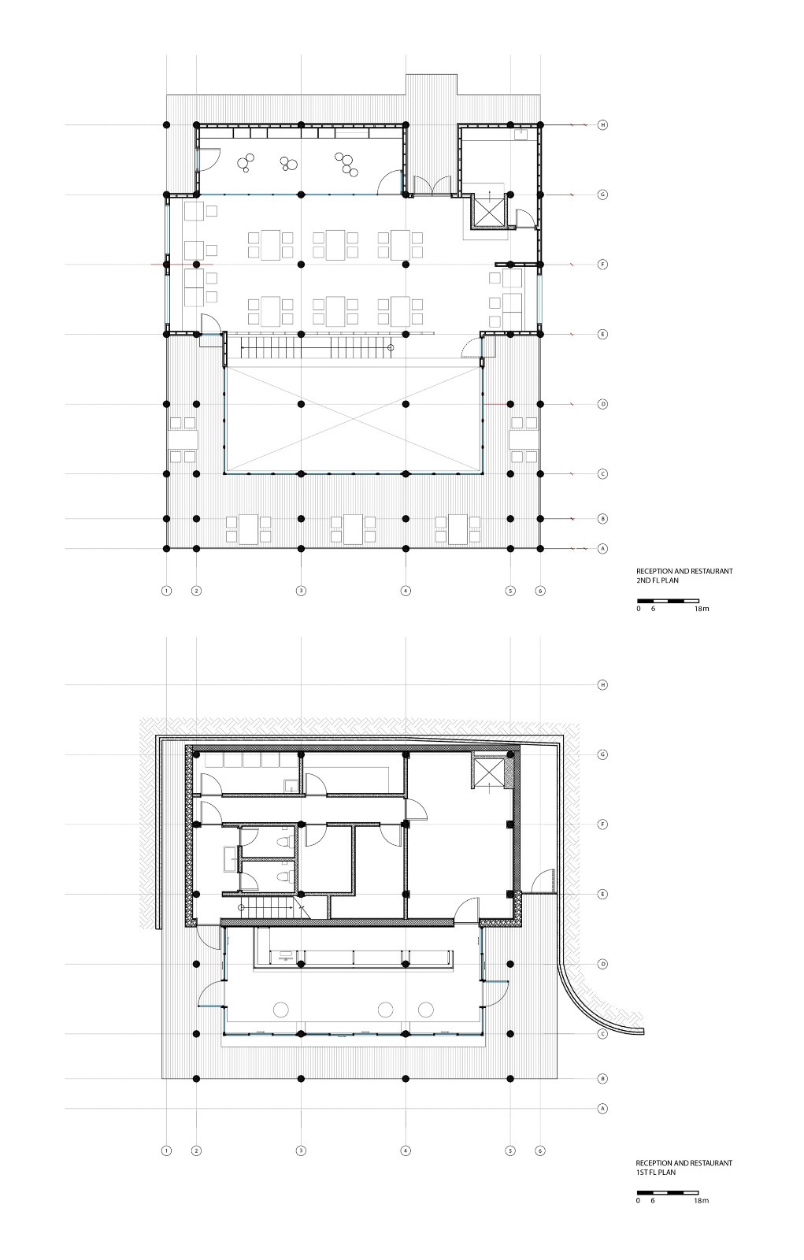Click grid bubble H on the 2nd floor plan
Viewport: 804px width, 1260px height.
tap(603, 124)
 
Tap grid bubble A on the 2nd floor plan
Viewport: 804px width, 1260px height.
tap(603, 548)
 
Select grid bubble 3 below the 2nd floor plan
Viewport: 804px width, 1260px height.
tap(301, 590)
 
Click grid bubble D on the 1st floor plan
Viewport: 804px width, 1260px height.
tap(603, 964)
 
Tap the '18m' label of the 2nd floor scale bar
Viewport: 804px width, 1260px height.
tap(702, 610)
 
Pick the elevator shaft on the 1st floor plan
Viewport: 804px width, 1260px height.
tap(487, 769)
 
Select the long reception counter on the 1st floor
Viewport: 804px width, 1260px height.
tap(354, 956)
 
